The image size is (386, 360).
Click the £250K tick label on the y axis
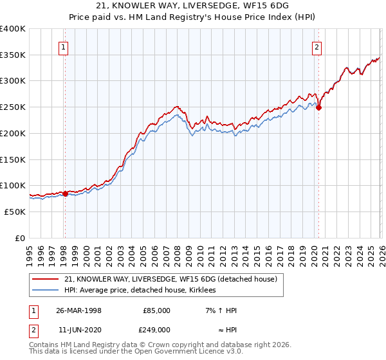click(13, 107)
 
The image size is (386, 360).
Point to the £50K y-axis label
click(15, 212)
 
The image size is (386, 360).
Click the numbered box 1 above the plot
click(64, 46)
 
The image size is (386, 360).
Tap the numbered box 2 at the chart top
click(317, 46)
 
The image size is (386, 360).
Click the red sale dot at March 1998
click(65, 194)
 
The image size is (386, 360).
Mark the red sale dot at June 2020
click(318, 108)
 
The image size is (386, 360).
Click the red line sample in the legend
click(46, 279)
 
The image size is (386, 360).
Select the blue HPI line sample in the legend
click(46, 290)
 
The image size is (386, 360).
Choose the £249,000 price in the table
click(158, 329)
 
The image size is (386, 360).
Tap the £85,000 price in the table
click(158, 310)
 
